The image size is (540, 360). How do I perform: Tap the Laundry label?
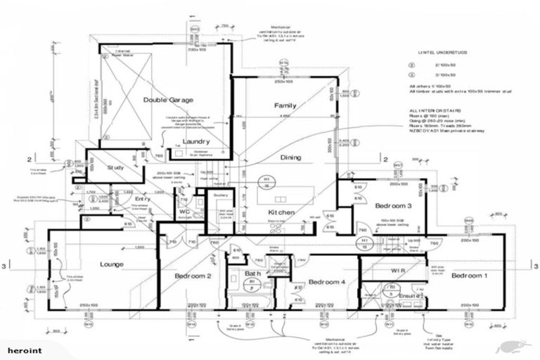(x=196, y=142)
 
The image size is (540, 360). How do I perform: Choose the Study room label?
(x=115, y=168)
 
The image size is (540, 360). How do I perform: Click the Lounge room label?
(x=111, y=264)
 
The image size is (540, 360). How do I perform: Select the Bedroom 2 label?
(x=193, y=276)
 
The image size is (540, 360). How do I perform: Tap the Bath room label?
(x=253, y=274)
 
